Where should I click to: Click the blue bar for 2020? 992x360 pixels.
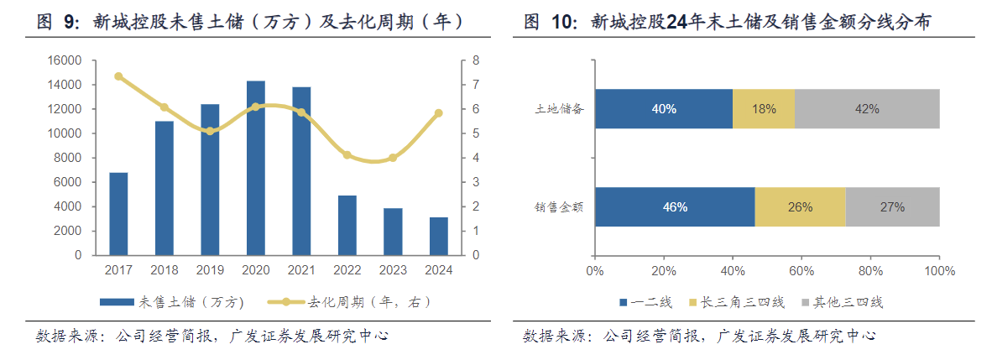(x=256, y=168)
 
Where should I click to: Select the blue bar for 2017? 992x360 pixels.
(x=118, y=213)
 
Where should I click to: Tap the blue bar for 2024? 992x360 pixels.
(x=439, y=236)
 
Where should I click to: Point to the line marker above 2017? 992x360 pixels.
(x=118, y=76)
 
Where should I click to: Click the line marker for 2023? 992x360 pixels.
(x=393, y=158)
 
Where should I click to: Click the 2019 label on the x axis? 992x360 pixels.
(x=210, y=270)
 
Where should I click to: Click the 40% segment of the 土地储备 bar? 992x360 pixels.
(x=663, y=108)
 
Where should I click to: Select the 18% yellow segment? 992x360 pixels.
(x=764, y=108)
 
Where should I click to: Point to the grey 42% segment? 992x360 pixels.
(x=867, y=108)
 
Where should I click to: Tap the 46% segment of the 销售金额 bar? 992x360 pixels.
(x=674, y=206)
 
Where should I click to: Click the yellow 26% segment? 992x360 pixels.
(x=800, y=206)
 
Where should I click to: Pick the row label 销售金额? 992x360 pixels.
(x=560, y=206)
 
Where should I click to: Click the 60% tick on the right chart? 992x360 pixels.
(x=801, y=270)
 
